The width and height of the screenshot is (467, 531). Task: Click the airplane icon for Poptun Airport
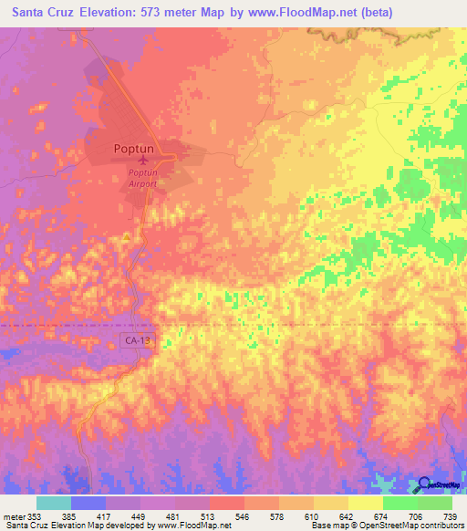tap(142, 161)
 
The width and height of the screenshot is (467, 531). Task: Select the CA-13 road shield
tap(137, 340)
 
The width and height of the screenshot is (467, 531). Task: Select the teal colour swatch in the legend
tap(53, 504)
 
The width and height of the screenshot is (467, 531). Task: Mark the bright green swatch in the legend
tap(400, 504)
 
